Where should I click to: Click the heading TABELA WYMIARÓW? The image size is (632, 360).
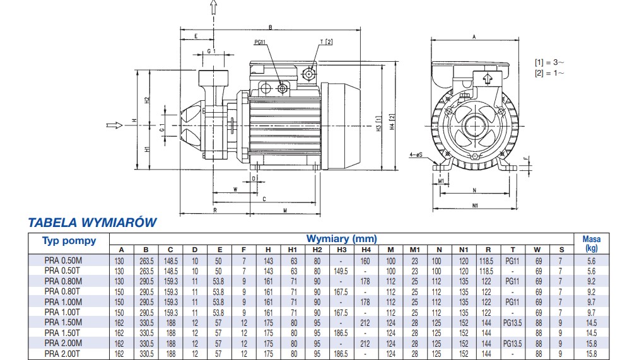[92, 223]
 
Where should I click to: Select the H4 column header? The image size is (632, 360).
[366, 250]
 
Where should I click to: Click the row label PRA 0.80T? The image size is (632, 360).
[62, 291]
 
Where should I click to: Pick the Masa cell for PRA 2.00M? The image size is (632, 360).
[591, 344]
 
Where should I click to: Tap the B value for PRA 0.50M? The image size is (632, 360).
[146, 261]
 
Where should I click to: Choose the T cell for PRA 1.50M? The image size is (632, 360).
[512, 323]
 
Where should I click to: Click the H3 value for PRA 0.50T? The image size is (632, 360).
[341, 271]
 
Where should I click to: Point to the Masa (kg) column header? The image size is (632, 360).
[591, 243]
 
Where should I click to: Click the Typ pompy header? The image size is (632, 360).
[69, 241]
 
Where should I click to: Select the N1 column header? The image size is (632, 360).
[464, 250]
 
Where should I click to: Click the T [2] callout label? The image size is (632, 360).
[326, 42]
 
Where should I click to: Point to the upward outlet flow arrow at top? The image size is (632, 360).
[214, 7]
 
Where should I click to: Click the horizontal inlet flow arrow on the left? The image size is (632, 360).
[114, 125]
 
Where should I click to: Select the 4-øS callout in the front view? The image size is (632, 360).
[416, 154]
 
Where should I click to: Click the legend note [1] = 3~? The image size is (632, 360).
[549, 62]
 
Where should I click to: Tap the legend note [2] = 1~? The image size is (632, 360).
[549, 73]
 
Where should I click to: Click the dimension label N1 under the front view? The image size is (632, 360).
[475, 206]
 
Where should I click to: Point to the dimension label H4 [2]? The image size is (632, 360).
[392, 122]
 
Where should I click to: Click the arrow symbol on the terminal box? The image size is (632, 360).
[488, 78]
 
